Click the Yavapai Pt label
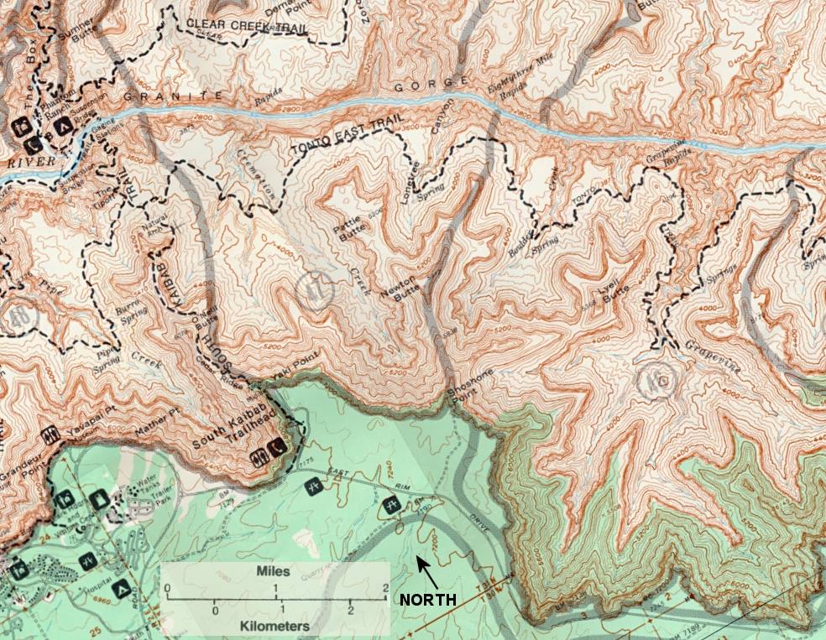click(x=91, y=426)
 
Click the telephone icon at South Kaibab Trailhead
click(x=276, y=449)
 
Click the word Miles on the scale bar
click(x=274, y=570)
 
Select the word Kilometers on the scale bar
click(x=274, y=626)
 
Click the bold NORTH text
click(x=427, y=600)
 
